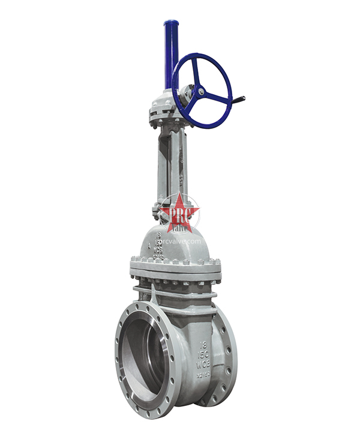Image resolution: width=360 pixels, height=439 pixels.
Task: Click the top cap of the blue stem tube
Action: (170, 25)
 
